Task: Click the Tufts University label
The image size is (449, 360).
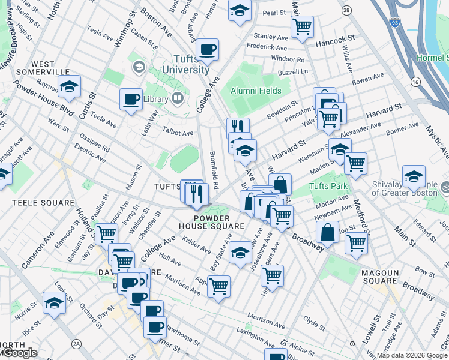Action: pyautogui.click(x=191, y=64)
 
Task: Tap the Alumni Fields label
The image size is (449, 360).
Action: pyautogui.click(x=256, y=91)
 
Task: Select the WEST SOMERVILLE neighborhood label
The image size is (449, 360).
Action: pyautogui.click(x=51, y=68)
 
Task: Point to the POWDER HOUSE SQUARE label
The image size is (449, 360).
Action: pyautogui.click(x=211, y=222)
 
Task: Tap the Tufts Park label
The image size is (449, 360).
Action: pyautogui.click(x=328, y=186)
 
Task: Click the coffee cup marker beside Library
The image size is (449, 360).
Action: pyautogui.click(x=131, y=99)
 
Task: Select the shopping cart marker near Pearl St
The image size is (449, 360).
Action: pyautogui.click(x=301, y=26)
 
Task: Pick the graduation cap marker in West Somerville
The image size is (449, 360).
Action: pyautogui.click(x=70, y=87)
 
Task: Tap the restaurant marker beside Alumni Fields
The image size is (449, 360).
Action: pyautogui.click(x=238, y=127)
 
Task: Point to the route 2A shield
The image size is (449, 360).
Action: pyautogui.click(x=76, y=343)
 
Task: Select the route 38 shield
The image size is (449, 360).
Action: pyautogui.click(x=346, y=11)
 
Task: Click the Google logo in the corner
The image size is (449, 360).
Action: pyautogui.click(x=19, y=353)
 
